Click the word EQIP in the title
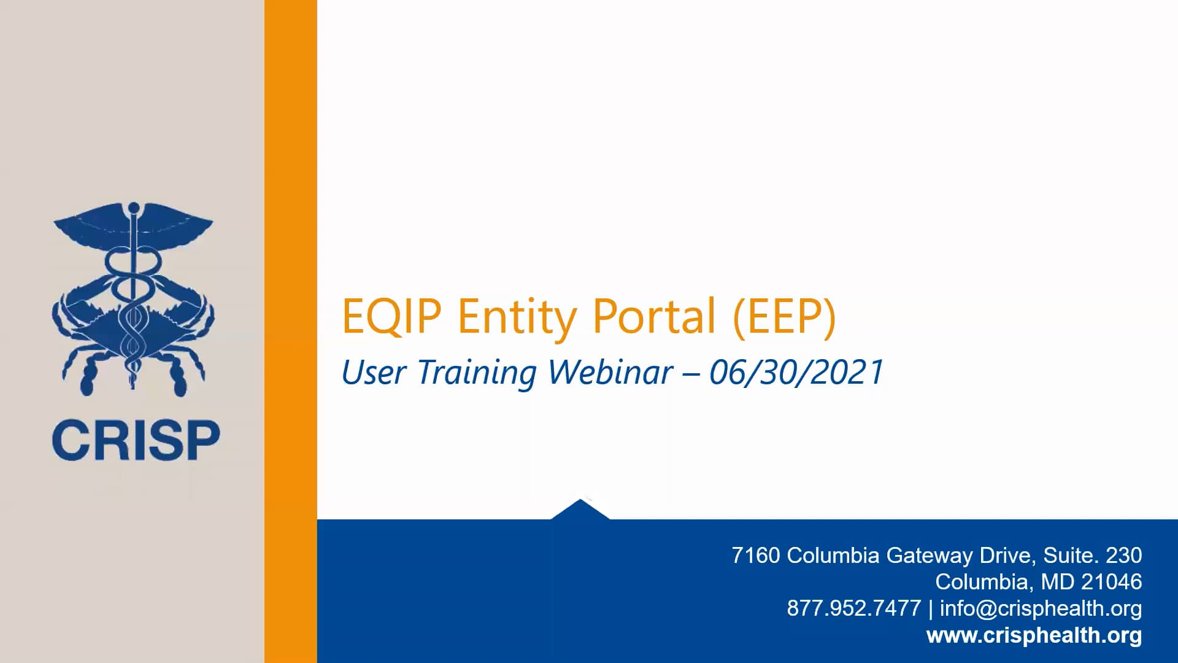click(391, 316)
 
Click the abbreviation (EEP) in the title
click(784, 316)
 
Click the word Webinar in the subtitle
click(610, 373)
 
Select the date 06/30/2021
click(796, 373)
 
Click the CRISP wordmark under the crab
click(136, 440)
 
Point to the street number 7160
click(755, 556)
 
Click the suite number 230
click(1123, 556)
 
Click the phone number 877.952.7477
click(853, 608)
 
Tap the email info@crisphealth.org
click(1041, 608)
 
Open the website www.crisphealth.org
click(1034, 635)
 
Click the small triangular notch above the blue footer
click(580, 510)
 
